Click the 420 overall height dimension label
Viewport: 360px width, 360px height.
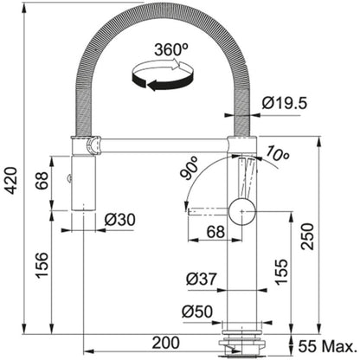12,180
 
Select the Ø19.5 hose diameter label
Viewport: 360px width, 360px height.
285,103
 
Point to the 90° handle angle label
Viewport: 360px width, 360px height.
189,168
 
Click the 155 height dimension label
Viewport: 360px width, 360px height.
281,272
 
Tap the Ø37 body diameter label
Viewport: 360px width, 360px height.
202,279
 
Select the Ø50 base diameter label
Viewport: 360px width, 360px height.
197,312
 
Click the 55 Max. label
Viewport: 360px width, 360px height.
327,346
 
